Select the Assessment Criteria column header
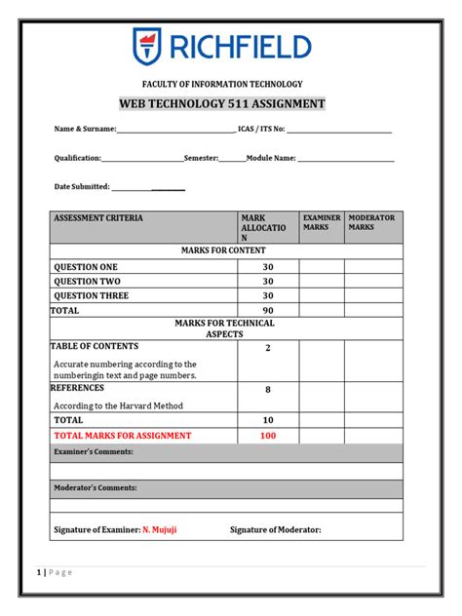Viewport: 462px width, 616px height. [97, 218]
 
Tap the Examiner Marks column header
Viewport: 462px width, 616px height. [322, 222]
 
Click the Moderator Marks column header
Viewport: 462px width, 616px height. [371, 222]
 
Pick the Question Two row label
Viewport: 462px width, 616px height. [87, 281]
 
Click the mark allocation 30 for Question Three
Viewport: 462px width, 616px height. [268, 295]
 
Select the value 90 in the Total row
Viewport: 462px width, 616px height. [268, 310]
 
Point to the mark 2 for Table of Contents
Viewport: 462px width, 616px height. [268, 347]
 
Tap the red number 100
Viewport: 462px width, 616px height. [268, 436]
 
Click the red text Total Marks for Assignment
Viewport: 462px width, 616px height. [123, 436]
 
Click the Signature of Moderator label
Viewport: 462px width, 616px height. [275, 530]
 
